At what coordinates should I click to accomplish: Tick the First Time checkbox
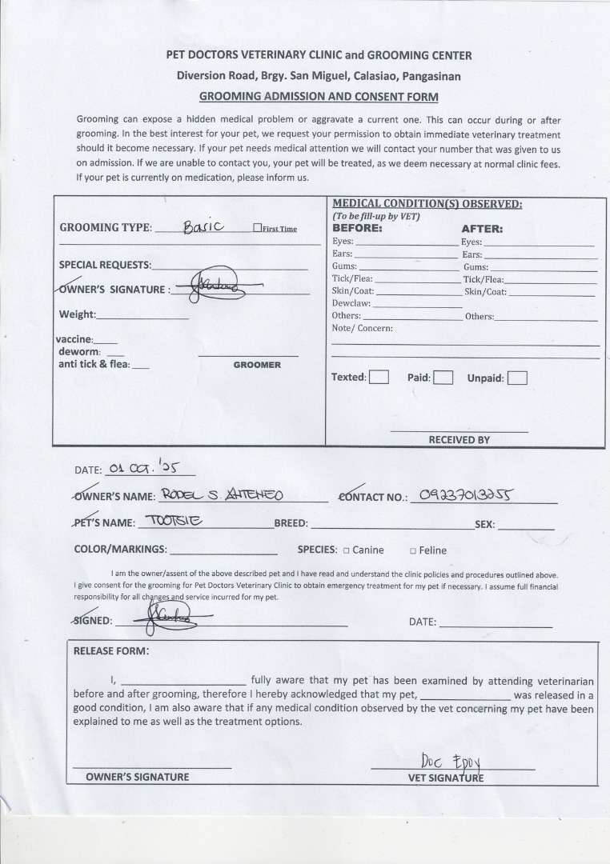tap(257, 228)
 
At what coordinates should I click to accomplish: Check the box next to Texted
tap(379, 378)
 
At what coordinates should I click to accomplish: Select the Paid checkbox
tap(443, 378)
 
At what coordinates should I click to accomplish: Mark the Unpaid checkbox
tap(517, 378)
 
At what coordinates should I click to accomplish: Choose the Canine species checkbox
tap(346, 550)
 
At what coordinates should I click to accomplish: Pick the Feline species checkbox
tap(413, 550)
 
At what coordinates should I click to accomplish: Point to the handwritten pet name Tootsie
tap(174, 522)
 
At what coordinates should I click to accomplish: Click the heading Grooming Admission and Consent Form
tap(319, 97)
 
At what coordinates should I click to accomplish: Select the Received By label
tap(459, 439)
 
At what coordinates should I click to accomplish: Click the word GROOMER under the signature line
tap(257, 365)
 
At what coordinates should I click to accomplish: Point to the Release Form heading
tap(111, 650)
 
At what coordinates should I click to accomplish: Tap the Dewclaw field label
tap(351, 303)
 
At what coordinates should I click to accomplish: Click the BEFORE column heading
tap(357, 228)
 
